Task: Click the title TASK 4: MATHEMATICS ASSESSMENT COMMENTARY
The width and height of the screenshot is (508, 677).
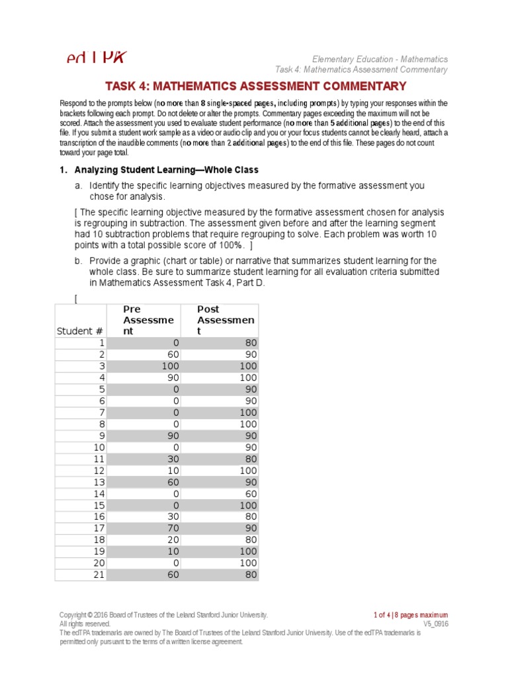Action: point(255,86)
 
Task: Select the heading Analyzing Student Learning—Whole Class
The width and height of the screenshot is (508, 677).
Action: point(166,170)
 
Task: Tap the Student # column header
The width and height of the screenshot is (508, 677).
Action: point(80,331)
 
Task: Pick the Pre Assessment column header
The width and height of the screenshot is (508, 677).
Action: point(148,320)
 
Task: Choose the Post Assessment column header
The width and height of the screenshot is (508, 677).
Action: point(226,320)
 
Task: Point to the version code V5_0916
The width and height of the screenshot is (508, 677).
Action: point(435,623)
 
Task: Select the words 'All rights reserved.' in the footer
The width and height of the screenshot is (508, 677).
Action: point(85,623)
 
